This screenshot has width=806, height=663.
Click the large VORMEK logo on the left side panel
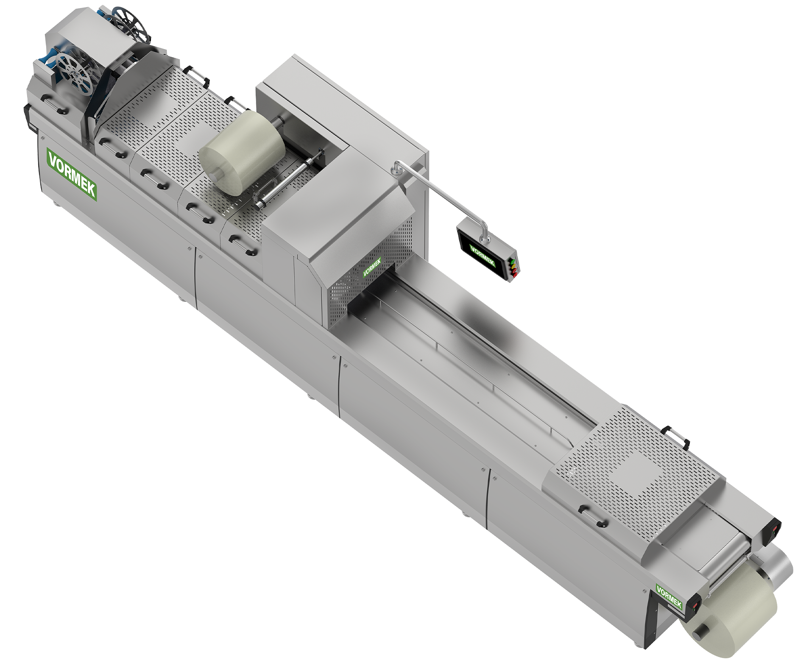point(72,174)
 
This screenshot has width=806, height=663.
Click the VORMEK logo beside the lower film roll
point(669,596)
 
